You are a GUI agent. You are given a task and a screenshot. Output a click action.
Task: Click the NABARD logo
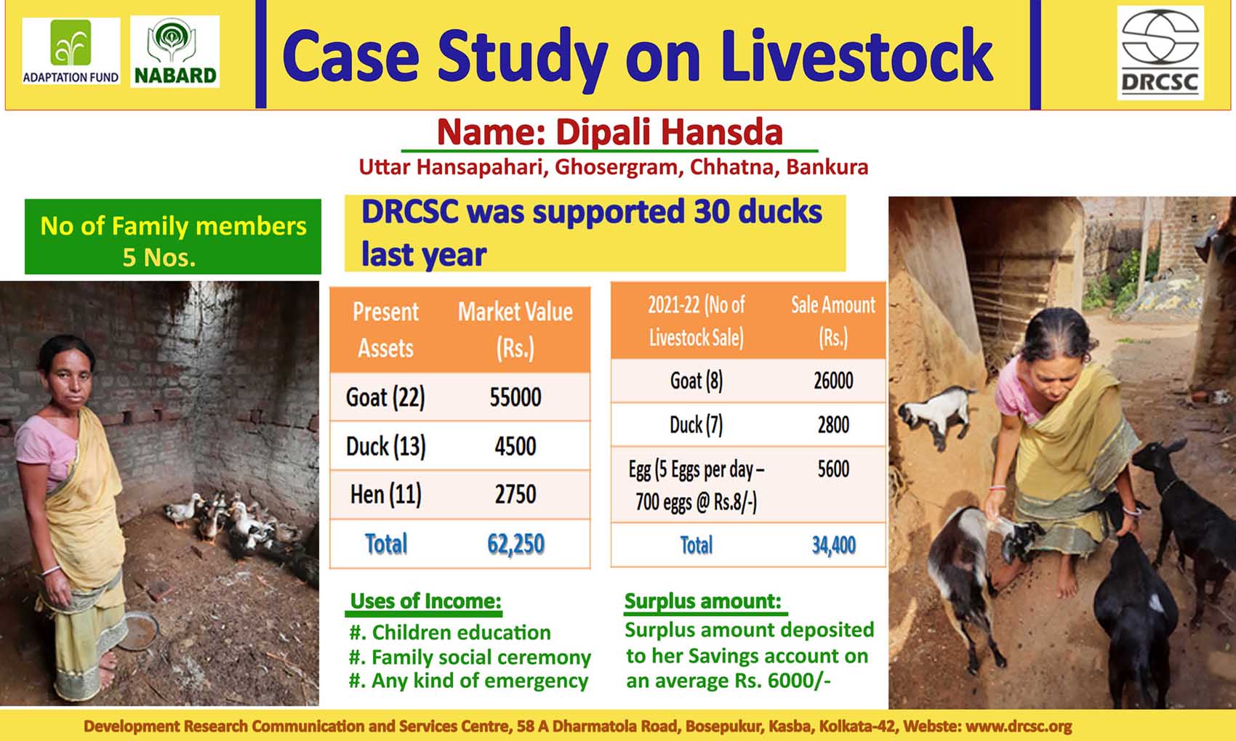tap(175, 52)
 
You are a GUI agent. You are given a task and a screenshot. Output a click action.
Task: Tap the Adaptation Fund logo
tap(71, 52)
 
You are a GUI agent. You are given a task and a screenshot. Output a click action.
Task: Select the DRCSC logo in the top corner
tap(1160, 53)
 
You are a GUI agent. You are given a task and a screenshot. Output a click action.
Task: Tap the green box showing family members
tap(173, 237)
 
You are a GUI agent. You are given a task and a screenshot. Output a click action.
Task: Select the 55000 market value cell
tap(515, 397)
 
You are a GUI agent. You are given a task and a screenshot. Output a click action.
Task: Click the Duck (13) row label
tap(385, 446)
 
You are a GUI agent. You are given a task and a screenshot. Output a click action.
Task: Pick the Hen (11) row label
tap(385, 495)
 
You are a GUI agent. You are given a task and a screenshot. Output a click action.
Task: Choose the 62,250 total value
tap(515, 544)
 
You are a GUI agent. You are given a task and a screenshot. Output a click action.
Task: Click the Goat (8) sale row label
tap(697, 381)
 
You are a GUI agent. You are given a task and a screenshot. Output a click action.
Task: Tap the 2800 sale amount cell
tap(833, 424)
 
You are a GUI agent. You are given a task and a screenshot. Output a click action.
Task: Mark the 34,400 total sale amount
tap(833, 546)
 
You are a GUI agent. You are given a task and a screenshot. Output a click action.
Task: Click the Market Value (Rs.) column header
tap(515, 330)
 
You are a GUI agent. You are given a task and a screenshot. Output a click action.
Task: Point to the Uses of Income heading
tap(425, 601)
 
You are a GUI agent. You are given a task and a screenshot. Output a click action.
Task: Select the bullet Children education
tap(450, 632)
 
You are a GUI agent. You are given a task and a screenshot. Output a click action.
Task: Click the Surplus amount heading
tap(703, 601)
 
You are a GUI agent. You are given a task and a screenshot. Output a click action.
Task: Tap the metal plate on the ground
tap(138, 631)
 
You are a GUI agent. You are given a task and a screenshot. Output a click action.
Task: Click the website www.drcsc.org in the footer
tap(1019, 726)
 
